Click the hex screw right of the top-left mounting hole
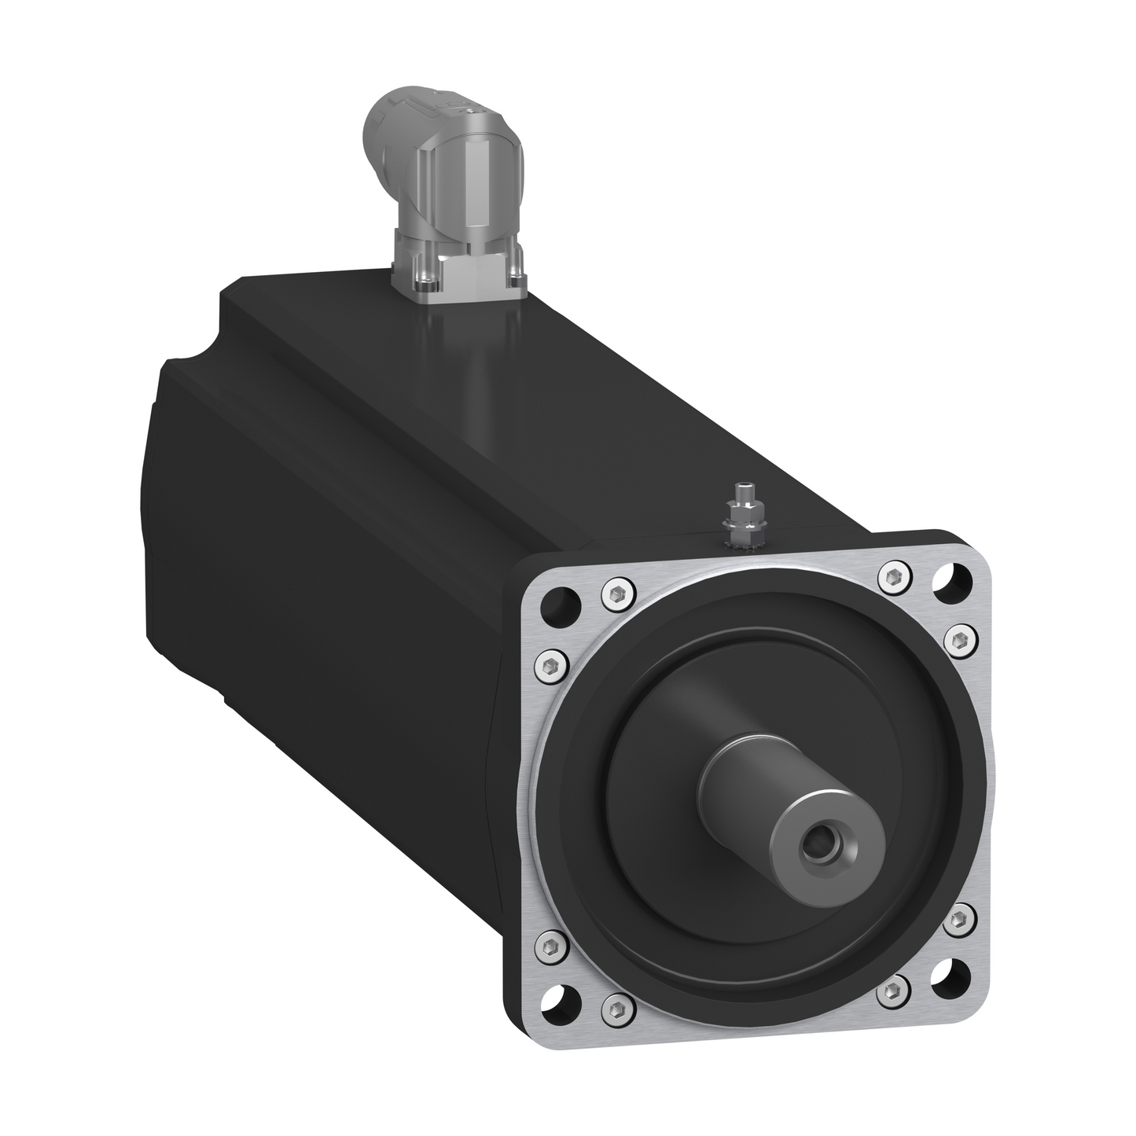616,594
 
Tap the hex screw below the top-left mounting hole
551,666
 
